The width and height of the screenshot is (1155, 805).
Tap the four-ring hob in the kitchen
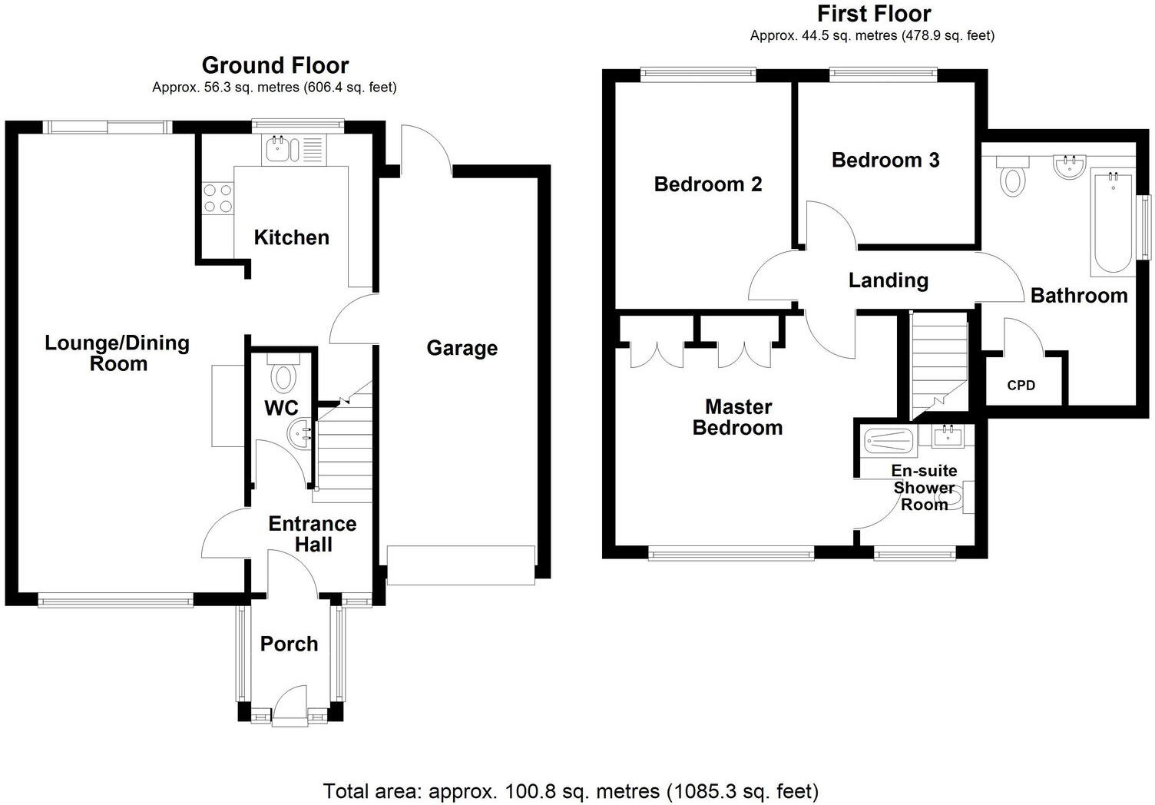coord(217,198)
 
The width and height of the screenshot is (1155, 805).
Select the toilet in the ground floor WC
coord(284,376)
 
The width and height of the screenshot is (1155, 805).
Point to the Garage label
coord(462,348)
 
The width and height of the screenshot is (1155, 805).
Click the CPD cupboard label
coord(1021,386)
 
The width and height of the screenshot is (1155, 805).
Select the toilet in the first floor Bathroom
coord(1013,177)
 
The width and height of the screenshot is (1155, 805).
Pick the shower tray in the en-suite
coord(889,441)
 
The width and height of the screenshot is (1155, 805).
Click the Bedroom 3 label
coord(885,160)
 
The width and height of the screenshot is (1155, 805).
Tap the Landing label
coord(888,280)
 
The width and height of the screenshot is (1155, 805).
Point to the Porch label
coord(289,644)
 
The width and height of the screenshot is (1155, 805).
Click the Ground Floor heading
coord(275,65)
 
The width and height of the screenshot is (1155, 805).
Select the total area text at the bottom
coord(571,790)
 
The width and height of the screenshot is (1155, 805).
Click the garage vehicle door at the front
coord(461,565)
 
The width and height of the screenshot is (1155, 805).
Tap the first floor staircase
coord(938,361)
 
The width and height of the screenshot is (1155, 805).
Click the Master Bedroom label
coord(737,417)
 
